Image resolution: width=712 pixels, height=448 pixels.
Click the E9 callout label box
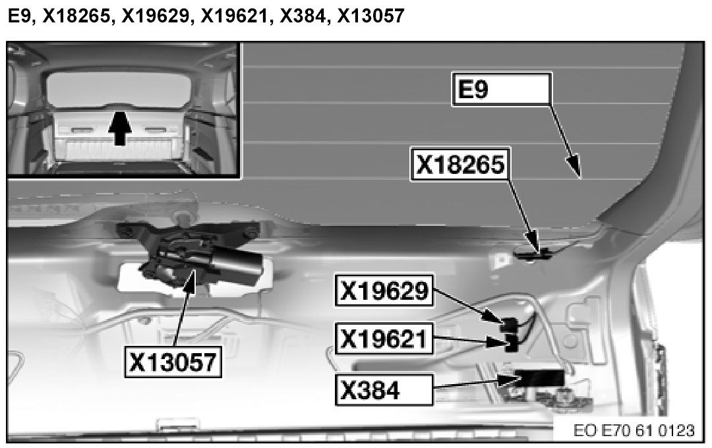click(500, 90)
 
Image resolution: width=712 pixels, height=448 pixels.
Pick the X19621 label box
click(384, 340)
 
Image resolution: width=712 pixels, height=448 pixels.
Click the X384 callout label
click(384, 390)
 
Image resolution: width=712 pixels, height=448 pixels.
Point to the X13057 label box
click(173, 360)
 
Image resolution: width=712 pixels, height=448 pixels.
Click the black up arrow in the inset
click(119, 128)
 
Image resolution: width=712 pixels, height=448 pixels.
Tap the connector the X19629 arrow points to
click(508, 324)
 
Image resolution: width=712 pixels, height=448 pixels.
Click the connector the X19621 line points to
click(510, 343)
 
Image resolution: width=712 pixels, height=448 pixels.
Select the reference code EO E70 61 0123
click(633, 431)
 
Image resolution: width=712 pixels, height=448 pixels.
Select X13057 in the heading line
click(370, 16)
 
